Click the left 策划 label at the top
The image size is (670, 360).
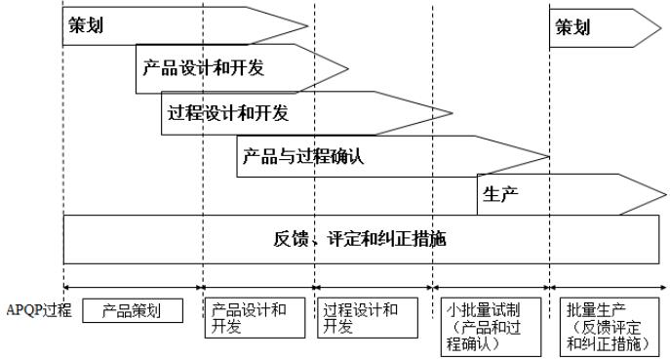click(x=85, y=27)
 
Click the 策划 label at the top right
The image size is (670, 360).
click(x=572, y=27)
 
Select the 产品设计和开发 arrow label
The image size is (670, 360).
click(x=203, y=68)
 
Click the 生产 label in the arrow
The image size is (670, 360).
click(x=500, y=192)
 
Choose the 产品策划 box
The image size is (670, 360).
click(x=134, y=311)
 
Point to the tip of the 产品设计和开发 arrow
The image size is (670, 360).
click(x=347, y=69)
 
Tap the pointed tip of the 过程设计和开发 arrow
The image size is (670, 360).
click(x=453, y=112)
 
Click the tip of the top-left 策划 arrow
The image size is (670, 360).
click(x=308, y=27)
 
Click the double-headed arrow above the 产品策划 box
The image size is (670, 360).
click(x=134, y=287)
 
